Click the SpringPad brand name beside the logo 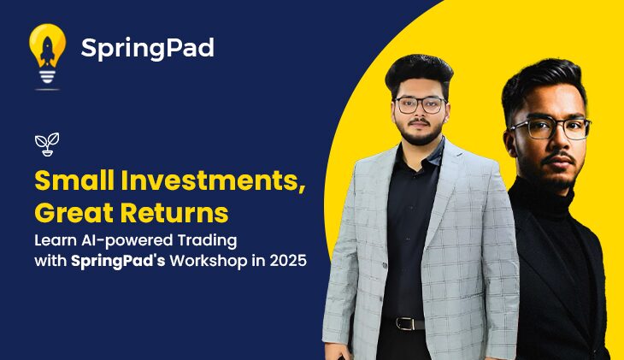coord(148,49)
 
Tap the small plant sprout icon coord(47,145)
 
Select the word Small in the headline coord(74,180)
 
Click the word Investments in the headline coord(214,181)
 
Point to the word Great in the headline coord(74,213)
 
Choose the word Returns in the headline coord(174,213)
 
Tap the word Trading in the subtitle coord(208,241)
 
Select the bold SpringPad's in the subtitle coord(118,262)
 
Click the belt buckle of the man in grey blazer coord(404,323)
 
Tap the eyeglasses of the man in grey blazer coord(421,105)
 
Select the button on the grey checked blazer coord(385,265)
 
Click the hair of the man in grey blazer coord(419,74)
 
